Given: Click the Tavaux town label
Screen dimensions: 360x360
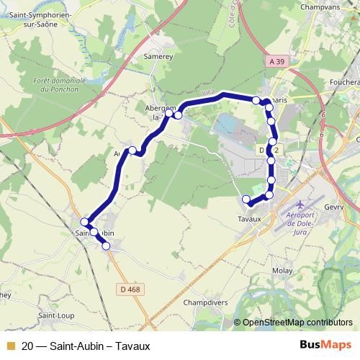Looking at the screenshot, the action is (x=249, y=219).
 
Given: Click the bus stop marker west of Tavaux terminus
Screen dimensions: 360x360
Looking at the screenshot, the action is (x=246, y=199).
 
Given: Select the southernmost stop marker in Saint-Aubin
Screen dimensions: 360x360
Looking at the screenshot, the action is (x=106, y=246).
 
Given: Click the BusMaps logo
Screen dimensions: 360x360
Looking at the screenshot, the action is (x=325, y=345).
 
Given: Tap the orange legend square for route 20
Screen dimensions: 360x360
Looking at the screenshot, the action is (x=11, y=346).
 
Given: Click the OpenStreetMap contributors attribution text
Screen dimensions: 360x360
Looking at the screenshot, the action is (x=297, y=323).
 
